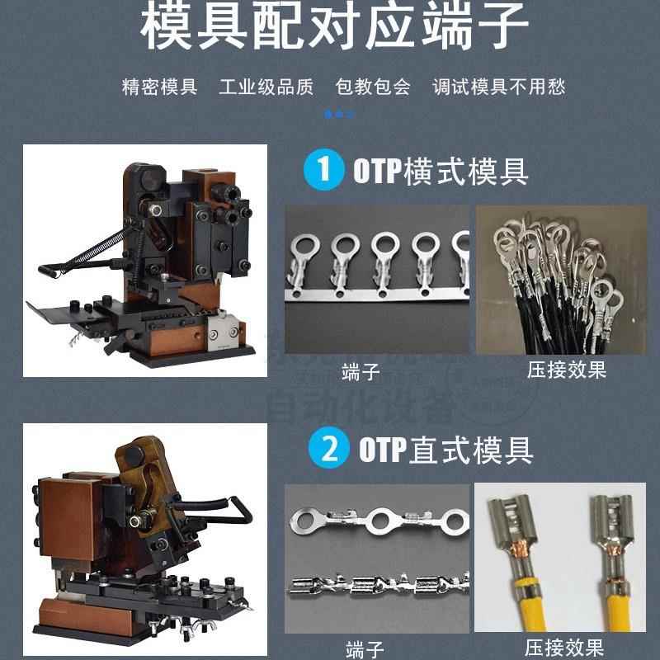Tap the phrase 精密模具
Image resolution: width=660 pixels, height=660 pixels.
pos(159,87)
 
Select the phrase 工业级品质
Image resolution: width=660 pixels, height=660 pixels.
pos(266,87)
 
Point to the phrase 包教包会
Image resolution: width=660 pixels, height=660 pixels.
pos(373,87)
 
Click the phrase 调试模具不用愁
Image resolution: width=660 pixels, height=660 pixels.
pos(499,87)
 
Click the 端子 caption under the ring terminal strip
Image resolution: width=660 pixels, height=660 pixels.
pos(361,371)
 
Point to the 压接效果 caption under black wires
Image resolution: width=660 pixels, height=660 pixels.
pos(566,370)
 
